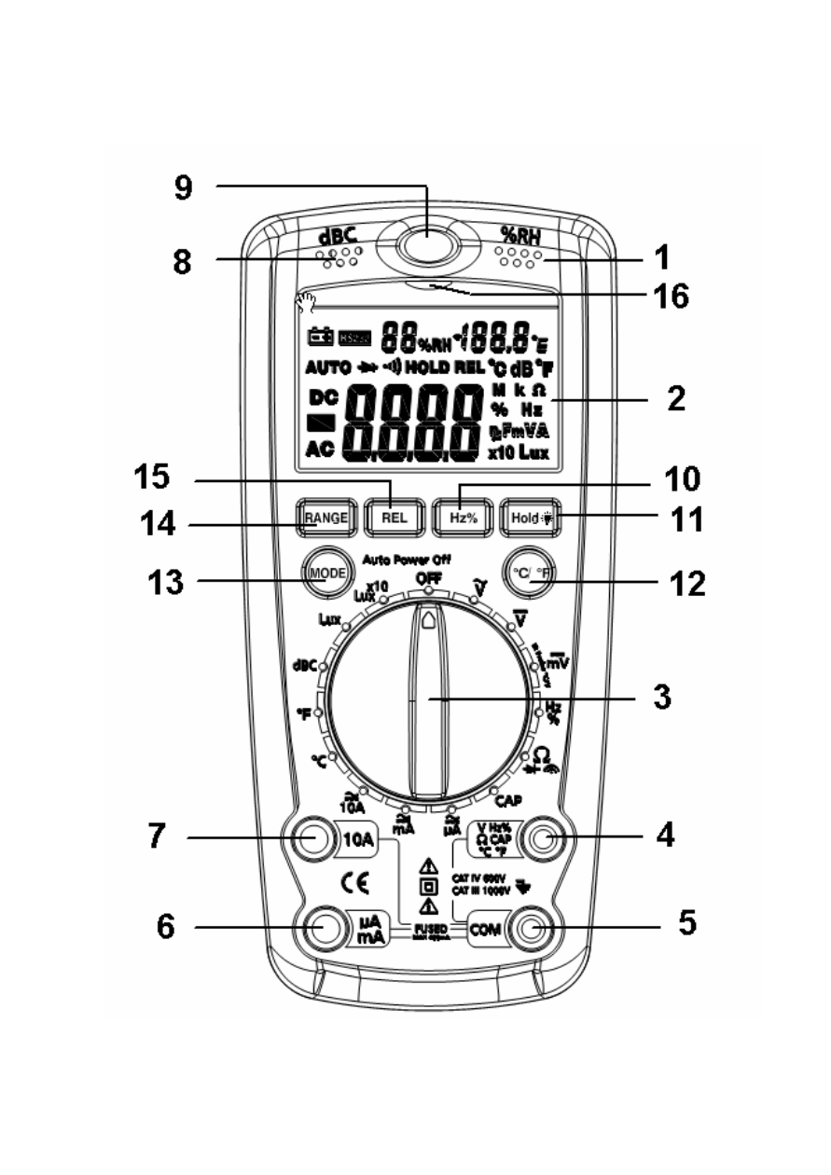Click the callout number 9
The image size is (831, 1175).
pos(183,188)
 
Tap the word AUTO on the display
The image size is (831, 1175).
pos(328,366)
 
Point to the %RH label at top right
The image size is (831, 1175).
pos(520,234)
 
